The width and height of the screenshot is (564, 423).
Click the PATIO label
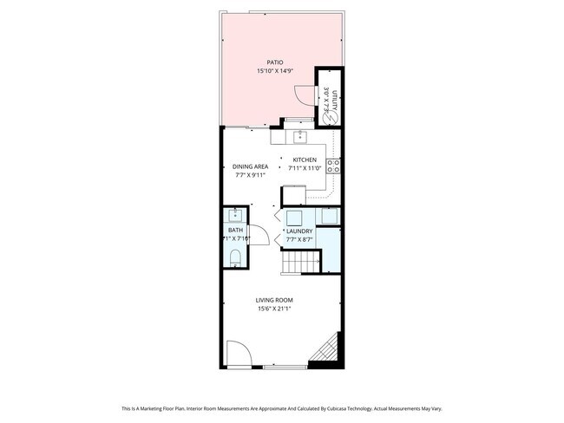tap(275, 62)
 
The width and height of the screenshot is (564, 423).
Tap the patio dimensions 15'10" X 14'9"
tap(275, 71)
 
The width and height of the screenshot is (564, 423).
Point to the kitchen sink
tap(300, 136)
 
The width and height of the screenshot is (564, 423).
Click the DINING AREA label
tap(250, 166)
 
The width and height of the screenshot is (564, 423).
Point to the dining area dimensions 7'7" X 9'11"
tap(250, 175)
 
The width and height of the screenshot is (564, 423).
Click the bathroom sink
tap(234, 217)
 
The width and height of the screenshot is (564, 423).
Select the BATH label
tap(236, 231)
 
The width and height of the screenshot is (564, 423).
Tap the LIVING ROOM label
tap(274, 300)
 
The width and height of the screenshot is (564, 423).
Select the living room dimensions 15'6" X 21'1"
tap(274, 309)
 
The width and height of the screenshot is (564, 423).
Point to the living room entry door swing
tap(239, 354)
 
